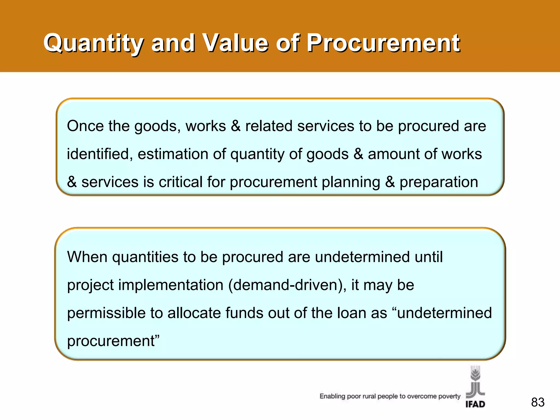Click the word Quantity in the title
[93, 43]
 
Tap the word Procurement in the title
[383, 43]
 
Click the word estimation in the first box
[173, 154]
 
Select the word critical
[180, 182]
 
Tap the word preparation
[439, 182]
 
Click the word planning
[351, 182]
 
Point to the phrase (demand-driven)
[287, 285]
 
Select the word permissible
[106, 313]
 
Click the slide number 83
[538, 402]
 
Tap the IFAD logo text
[475, 404]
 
